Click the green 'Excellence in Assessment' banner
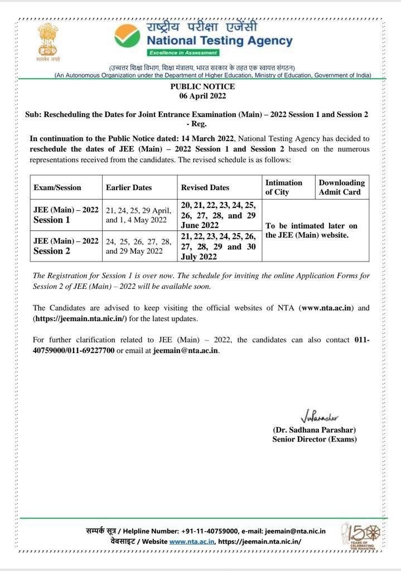[183, 52]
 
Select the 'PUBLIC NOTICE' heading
[202, 86]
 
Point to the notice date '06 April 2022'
[202, 96]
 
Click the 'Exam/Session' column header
[57, 187]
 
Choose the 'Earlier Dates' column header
[129, 187]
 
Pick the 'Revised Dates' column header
[205, 187]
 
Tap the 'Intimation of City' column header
[284, 187]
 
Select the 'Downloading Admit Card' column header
[341, 187]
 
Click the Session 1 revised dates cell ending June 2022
[219, 215]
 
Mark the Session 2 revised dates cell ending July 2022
[219, 246]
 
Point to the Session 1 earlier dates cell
[139, 215]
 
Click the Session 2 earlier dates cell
[139, 246]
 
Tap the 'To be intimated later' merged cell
[312, 230]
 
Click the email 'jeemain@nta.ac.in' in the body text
[186, 350]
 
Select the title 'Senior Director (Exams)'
[315, 439]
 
